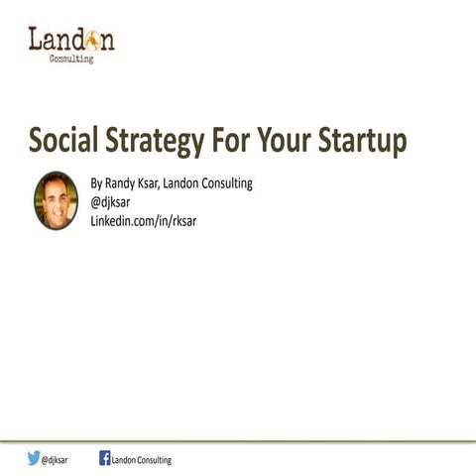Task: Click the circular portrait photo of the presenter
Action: tap(56, 200)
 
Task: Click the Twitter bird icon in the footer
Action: tap(34, 458)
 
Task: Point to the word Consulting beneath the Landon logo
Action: tap(71, 59)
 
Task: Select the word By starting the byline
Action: tap(96, 182)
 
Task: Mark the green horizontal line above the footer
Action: tap(238, 440)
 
